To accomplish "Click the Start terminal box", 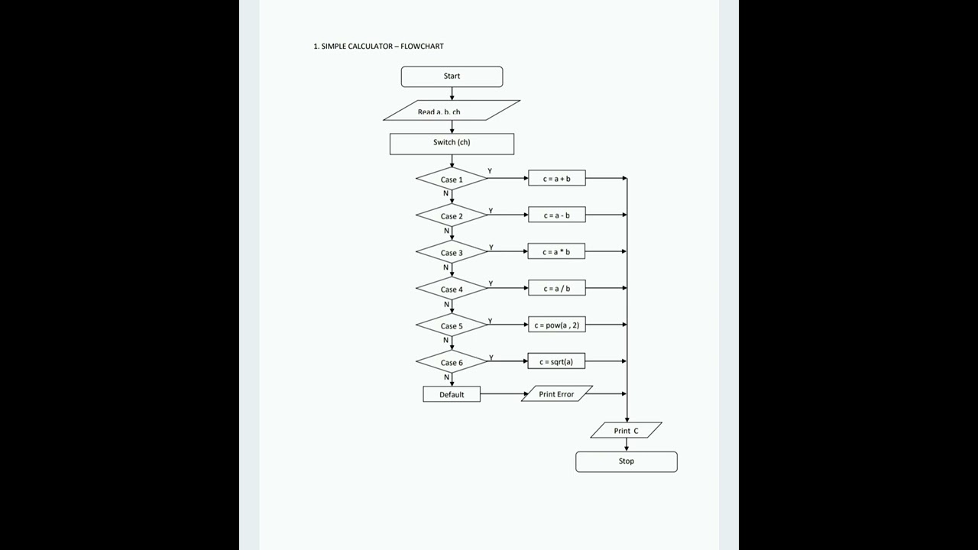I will [x=452, y=76].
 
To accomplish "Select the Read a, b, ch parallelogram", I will [x=451, y=111].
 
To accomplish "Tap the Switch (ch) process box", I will [x=452, y=144].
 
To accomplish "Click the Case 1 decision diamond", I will [x=452, y=180].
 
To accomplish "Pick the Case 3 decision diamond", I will [x=452, y=252].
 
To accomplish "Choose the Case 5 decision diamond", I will [x=452, y=325].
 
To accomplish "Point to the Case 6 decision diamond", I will [x=452, y=362].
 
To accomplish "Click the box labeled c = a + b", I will [x=556, y=179].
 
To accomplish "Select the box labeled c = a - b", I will [x=556, y=215].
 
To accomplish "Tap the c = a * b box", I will [x=556, y=252].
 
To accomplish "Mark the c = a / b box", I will [x=556, y=289].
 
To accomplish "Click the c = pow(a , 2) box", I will [x=556, y=325].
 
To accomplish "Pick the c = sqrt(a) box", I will [x=556, y=362].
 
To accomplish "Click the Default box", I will [x=452, y=394].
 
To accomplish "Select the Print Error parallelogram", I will [x=557, y=394].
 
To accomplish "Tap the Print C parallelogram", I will [x=626, y=431].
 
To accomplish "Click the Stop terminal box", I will [x=626, y=461].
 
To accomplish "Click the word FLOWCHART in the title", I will [x=422, y=47].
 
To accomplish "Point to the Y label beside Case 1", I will [x=490, y=171].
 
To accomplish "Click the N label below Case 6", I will [x=446, y=377].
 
